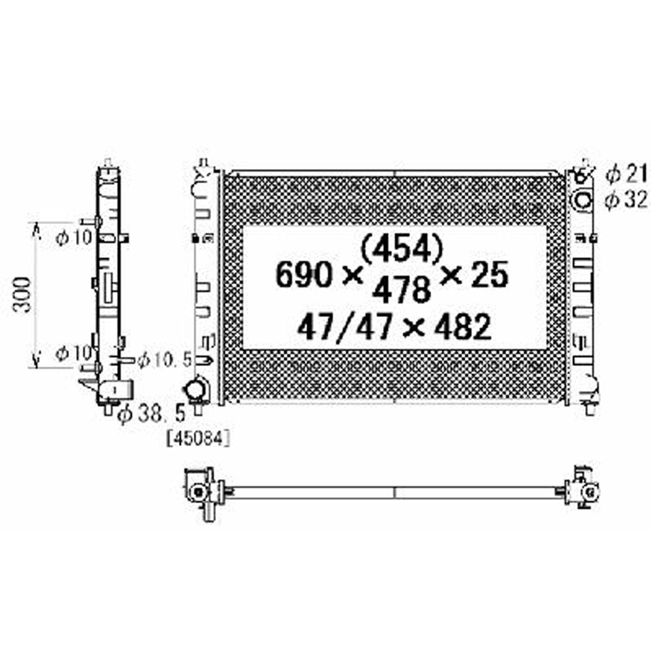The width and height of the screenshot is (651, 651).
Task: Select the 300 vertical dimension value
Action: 23,294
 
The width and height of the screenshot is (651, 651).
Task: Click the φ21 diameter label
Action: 625,174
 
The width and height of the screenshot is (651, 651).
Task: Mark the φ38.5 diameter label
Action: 151,413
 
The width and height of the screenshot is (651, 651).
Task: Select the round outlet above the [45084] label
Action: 195,390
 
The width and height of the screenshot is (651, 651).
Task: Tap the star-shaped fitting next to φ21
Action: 583,173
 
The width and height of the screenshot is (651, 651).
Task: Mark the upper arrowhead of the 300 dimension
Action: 36,229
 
